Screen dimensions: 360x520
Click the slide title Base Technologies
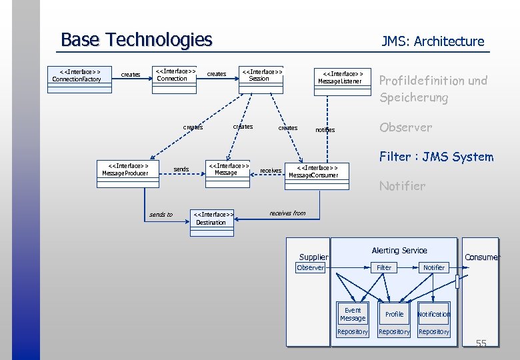[x=136, y=40]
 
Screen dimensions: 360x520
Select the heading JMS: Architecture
[x=433, y=41]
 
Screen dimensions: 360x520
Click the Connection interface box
[x=175, y=75]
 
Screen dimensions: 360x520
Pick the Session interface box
[x=261, y=75]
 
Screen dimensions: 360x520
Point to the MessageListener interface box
[x=339, y=77]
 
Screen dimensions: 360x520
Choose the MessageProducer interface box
[x=125, y=169]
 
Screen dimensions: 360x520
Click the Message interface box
[x=227, y=169]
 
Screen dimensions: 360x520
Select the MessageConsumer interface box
[x=313, y=171]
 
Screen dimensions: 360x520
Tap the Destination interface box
[x=212, y=219]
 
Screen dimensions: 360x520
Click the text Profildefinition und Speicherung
[x=433, y=89]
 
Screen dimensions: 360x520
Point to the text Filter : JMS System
[x=436, y=157]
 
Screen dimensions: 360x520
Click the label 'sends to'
[x=161, y=215]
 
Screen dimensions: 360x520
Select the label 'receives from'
[x=287, y=213]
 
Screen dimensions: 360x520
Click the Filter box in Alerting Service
[x=384, y=267]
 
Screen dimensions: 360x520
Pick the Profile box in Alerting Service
[x=394, y=314]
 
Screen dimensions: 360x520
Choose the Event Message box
[x=353, y=314]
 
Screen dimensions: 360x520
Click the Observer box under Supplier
[x=310, y=267]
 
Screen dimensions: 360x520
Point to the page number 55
[x=481, y=343]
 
